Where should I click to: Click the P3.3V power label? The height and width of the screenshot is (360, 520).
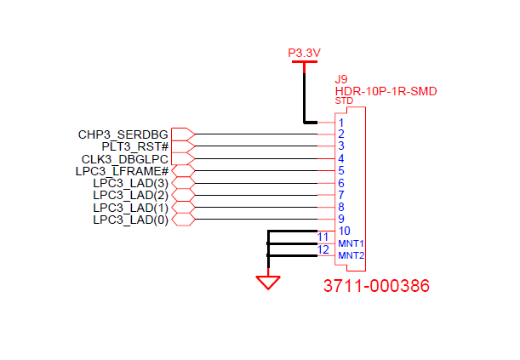coord(304,53)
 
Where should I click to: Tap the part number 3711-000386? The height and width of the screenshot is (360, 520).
coord(376,286)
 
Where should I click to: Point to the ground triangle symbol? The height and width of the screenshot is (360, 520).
coord(269,282)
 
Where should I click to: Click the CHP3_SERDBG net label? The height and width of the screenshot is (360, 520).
coord(124,134)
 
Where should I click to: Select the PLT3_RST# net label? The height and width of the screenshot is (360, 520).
coord(136,146)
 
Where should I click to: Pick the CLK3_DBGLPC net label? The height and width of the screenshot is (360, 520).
coord(126,159)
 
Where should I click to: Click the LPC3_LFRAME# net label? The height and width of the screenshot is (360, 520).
coord(123,171)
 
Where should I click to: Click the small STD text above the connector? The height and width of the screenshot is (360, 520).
coord(344,101)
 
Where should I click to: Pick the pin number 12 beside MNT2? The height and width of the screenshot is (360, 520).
coord(323,250)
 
